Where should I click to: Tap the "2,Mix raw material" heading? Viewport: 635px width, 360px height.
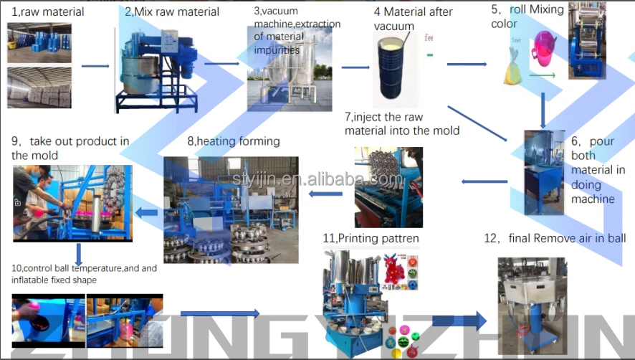point(172,11)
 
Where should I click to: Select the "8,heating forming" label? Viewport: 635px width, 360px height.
point(234,141)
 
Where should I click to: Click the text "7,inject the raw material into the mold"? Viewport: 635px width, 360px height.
point(401,123)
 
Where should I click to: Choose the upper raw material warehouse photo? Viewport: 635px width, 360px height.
point(39,43)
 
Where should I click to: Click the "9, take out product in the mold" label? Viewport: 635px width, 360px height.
point(70,148)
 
